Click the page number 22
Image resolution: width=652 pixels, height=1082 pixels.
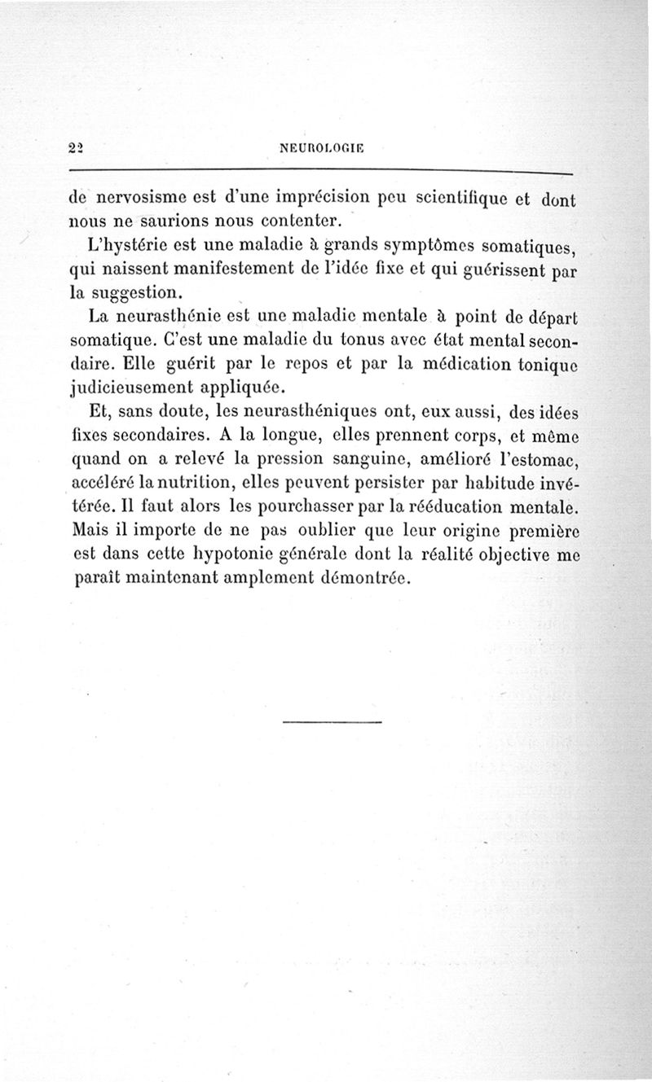(x=78, y=149)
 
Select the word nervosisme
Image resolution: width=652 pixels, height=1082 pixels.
(x=143, y=198)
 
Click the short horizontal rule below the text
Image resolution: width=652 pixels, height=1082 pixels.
(x=333, y=722)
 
